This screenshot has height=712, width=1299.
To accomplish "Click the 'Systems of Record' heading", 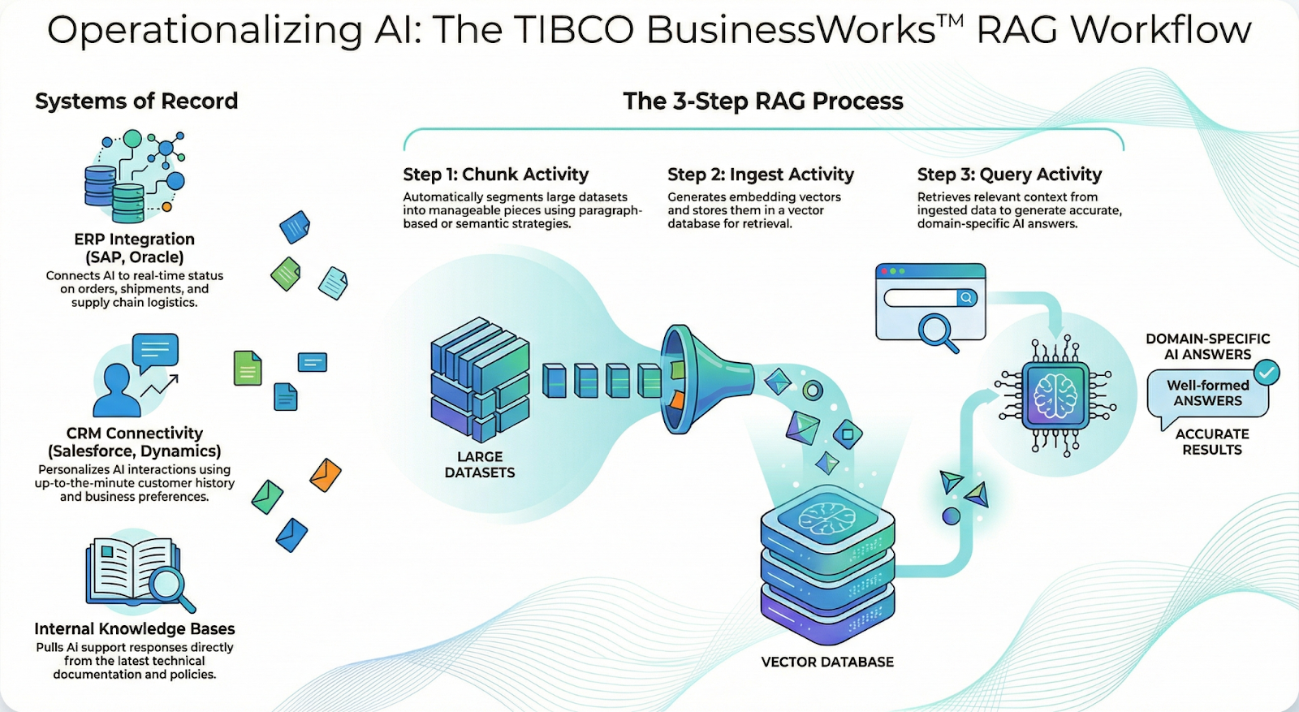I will tap(136, 101).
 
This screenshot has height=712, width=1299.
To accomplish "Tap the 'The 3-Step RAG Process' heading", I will tap(762, 101).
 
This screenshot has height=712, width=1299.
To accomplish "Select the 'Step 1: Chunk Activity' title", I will tap(495, 175).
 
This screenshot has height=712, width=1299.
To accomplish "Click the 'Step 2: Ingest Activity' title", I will tap(760, 175).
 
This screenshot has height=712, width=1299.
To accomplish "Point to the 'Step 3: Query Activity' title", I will tap(1009, 175).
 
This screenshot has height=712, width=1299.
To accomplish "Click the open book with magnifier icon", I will tap(138, 573).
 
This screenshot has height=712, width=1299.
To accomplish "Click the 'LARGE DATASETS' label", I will tap(479, 464).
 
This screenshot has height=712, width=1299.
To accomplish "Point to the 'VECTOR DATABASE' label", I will tap(827, 662).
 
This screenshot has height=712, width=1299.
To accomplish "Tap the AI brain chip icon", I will tap(1055, 395).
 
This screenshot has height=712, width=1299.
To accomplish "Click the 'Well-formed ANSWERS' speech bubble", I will tap(1207, 393).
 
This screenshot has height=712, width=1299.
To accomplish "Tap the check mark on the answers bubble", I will tap(1267, 372).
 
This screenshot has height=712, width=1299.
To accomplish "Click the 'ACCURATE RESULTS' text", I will tap(1211, 442).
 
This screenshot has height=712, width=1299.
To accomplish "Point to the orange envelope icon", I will tap(326, 475).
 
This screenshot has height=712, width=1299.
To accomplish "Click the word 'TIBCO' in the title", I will tap(573, 31).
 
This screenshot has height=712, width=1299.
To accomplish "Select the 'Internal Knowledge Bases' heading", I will tap(135, 628).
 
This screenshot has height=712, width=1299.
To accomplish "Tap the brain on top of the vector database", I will tap(826, 516).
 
